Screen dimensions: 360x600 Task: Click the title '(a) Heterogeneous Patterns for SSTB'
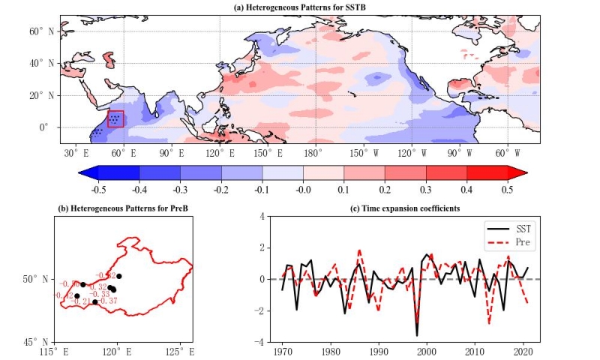click(x=301, y=7)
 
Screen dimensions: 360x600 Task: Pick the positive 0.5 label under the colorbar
click(x=507, y=189)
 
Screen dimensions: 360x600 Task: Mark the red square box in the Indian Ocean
click(x=115, y=118)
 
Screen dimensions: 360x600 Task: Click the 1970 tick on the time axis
click(x=283, y=351)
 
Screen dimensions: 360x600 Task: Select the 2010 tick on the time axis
click(x=474, y=351)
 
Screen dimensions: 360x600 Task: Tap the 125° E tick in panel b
click(x=179, y=351)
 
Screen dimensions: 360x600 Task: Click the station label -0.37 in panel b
click(x=109, y=301)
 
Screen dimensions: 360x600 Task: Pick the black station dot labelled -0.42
click(x=77, y=295)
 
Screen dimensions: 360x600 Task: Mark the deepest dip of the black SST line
click(x=417, y=335)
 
